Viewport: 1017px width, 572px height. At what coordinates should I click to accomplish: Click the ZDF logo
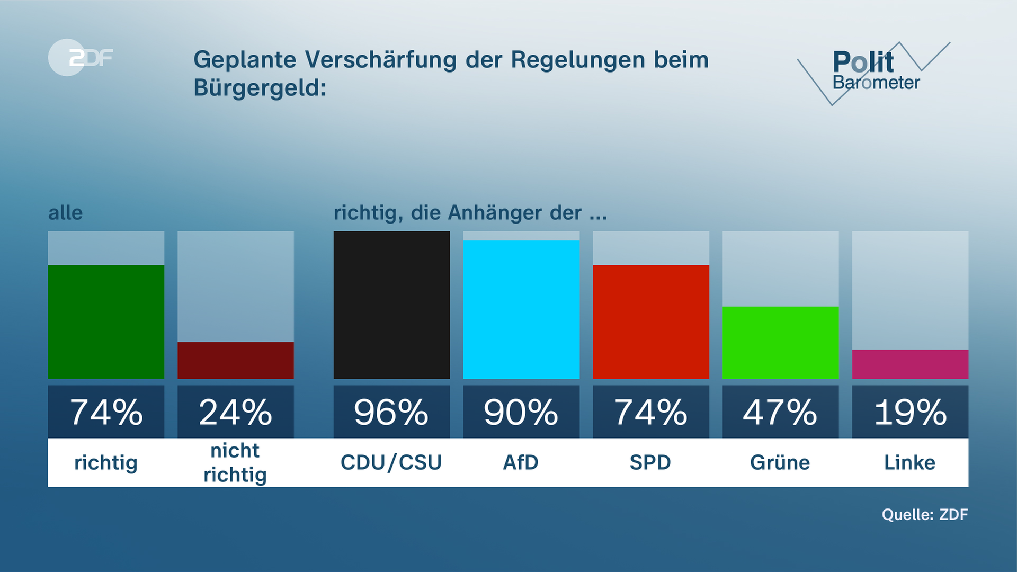(x=81, y=57)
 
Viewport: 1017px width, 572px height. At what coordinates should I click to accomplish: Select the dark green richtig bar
(x=106, y=322)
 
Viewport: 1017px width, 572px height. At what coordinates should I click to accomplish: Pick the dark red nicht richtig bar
(x=235, y=360)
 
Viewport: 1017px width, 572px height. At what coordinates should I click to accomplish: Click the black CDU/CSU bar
(x=391, y=305)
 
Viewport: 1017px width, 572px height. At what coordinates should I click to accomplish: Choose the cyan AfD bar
(x=521, y=310)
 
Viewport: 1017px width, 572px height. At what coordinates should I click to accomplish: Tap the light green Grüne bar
(x=780, y=343)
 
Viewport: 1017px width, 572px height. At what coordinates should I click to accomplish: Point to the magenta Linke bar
(x=910, y=364)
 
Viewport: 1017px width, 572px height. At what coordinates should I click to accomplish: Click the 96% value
(x=391, y=413)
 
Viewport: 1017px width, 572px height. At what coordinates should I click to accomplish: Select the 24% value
(x=235, y=413)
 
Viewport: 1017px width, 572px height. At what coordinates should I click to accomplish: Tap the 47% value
(x=780, y=413)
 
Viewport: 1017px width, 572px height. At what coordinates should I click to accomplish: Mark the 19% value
(x=910, y=413)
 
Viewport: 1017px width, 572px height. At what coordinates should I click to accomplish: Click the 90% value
(x=521, y=413)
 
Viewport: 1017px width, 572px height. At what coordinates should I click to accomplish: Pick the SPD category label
(x=650, y=462)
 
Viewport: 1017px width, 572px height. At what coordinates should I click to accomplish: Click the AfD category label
(x=521, y=462)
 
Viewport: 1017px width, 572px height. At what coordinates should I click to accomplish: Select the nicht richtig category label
(x=235, y=462)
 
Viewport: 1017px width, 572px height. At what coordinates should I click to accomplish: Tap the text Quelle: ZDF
(x=924, y=514)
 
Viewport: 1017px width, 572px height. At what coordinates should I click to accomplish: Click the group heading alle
(x=65, y=213)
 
